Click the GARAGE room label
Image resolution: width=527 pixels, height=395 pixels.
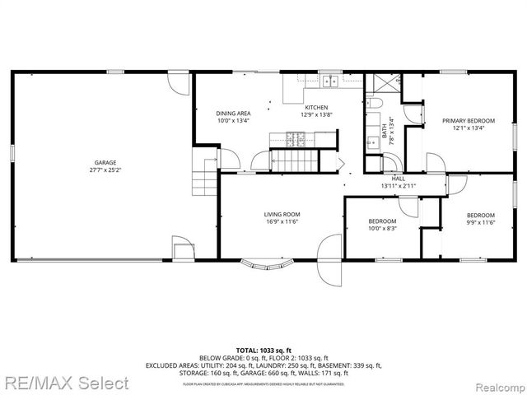[x=105, y=163]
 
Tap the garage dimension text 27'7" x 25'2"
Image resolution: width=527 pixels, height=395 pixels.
[x=105, y=170]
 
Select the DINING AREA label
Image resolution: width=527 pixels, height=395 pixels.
[x=233, y=113]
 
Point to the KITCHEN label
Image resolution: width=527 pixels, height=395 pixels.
[x=317, y=108]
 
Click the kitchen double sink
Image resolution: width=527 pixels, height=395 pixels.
[x=330, y=81]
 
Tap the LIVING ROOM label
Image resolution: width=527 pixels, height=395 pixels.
[x=282, y=214]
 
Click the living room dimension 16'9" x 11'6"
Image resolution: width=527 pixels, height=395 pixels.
[x=282, y=221]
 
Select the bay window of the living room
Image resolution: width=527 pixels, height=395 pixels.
[x=268, y=265]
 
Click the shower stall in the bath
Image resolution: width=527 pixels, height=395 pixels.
[x=381, y=83]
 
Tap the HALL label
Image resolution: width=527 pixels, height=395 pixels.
[x=399, y=179]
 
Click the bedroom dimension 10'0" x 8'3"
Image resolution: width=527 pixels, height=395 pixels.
[x=382, y=228]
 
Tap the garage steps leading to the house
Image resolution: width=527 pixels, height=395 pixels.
[x=203, y=174]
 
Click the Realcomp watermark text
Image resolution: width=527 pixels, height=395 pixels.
[x=497, y=383]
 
